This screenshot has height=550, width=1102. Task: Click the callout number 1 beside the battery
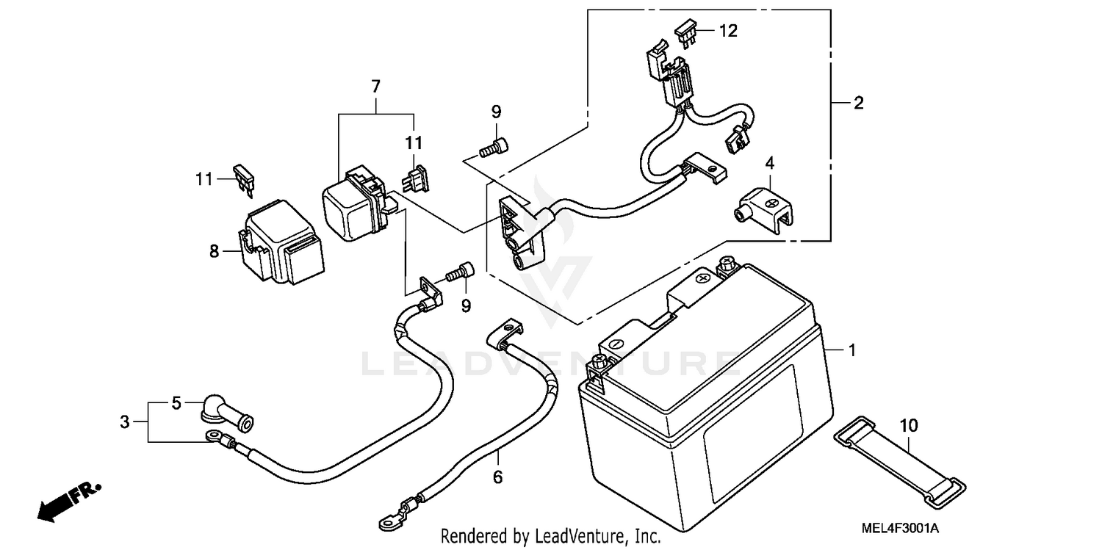pos(852,352)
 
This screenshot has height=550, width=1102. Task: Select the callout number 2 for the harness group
pos(858,104)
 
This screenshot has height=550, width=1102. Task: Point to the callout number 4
pos(770,162)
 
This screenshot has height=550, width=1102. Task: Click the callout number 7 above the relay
pos(375,87)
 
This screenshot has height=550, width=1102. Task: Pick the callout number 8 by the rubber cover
pos(215,252)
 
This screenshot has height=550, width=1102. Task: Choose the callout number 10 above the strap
pos(909,425)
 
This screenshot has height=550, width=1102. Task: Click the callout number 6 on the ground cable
pos(497,477)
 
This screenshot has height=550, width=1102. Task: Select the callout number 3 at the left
pos(125,422)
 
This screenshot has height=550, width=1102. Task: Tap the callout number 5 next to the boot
pos(176,403)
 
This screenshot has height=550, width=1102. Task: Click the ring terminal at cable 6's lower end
pos(387,521)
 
